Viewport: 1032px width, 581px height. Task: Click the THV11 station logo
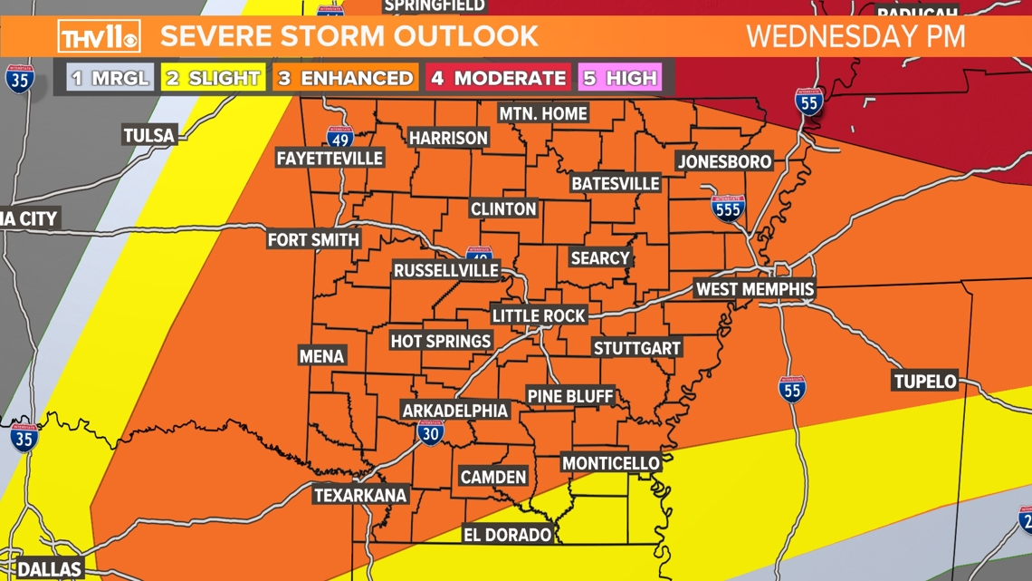pos(100,36)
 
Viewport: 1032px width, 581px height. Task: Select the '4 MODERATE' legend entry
pos(498,78)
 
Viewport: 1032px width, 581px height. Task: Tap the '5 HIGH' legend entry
pos(620,78)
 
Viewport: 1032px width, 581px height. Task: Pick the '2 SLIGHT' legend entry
pos(213,78)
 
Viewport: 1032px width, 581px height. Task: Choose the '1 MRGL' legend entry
pos(110,78)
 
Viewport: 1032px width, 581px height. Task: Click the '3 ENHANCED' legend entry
pos(345,78)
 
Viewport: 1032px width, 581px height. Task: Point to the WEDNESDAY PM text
pos(855,36)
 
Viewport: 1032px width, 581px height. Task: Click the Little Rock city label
pos(539,315)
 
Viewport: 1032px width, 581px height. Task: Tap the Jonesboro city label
pos(724,161)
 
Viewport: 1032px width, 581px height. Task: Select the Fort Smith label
pos(314,240)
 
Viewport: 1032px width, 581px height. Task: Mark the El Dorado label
pos(507,535)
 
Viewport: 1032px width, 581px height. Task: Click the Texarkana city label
pos(360,495)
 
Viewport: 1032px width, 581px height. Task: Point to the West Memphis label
pos(754,289)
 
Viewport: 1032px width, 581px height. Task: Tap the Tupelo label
pos(924,381)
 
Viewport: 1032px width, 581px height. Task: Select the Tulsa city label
pos(149,136)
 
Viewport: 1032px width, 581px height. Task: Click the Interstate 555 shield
pos(728,208)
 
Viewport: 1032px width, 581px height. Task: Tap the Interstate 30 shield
pos(431,432)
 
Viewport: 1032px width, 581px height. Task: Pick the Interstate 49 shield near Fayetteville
pos(339,138)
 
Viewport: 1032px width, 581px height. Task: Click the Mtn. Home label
pos(544,113)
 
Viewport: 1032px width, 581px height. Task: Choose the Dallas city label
pos(50,569)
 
